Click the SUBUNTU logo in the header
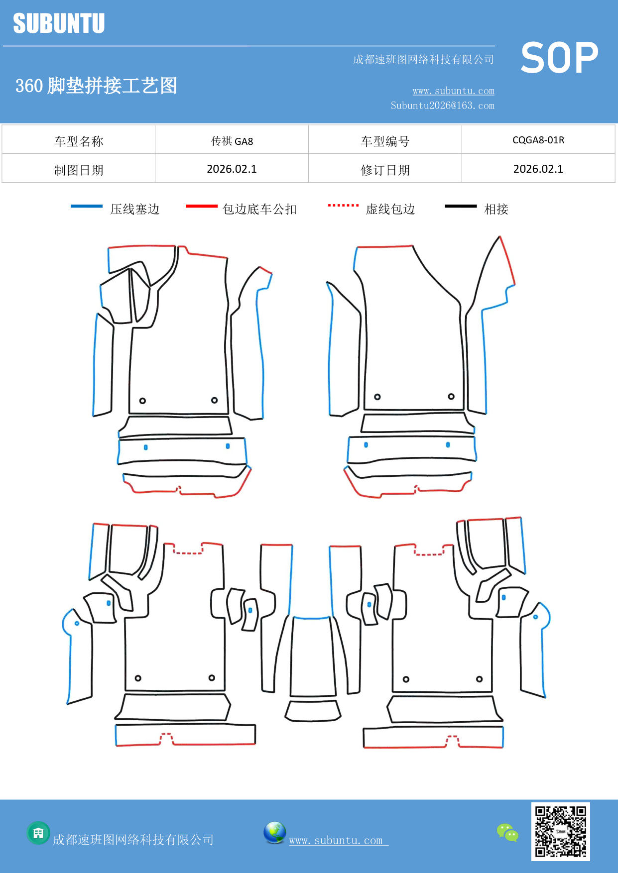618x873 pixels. click(59, 23)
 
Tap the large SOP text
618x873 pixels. click(559, 58)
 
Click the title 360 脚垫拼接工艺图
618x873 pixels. click(96, 86)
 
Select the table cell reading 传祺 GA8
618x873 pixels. click(232, 141)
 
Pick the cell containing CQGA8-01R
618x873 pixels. click(538, 140)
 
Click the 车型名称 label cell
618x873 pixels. click(79, 141)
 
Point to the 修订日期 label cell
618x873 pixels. click(385, 170)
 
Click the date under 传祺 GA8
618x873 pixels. click(232, 169)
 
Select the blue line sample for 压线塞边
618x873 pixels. click(87, 206)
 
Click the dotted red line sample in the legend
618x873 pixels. click(343, 205)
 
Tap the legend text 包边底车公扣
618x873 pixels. click(259, 209)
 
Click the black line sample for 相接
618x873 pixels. click(461, 206)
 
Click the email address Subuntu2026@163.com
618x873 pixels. click(442, 106)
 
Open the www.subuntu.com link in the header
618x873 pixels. click(453, 91)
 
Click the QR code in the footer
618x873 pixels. click(560, 831)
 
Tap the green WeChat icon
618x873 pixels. click(507, 832)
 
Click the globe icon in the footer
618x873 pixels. click(274, 833)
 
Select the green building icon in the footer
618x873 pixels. click(38, 833)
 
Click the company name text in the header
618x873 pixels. click(423, 60)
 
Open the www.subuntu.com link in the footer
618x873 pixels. click(336, 840)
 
